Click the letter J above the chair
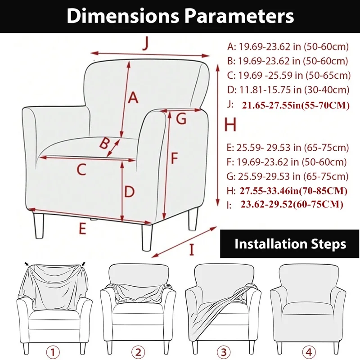coord(145,44)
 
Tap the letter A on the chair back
coord(133,97)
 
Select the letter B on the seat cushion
coord(104,144)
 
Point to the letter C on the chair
coord(81,170)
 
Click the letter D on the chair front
coord(129,192)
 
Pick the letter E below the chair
coord(81,229)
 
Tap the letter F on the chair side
coord(175,158)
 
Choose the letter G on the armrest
coord(181,119)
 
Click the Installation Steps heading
coord(290,244)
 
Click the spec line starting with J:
coord(288,105)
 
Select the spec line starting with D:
coord(288,90)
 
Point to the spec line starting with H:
coord(288,191)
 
